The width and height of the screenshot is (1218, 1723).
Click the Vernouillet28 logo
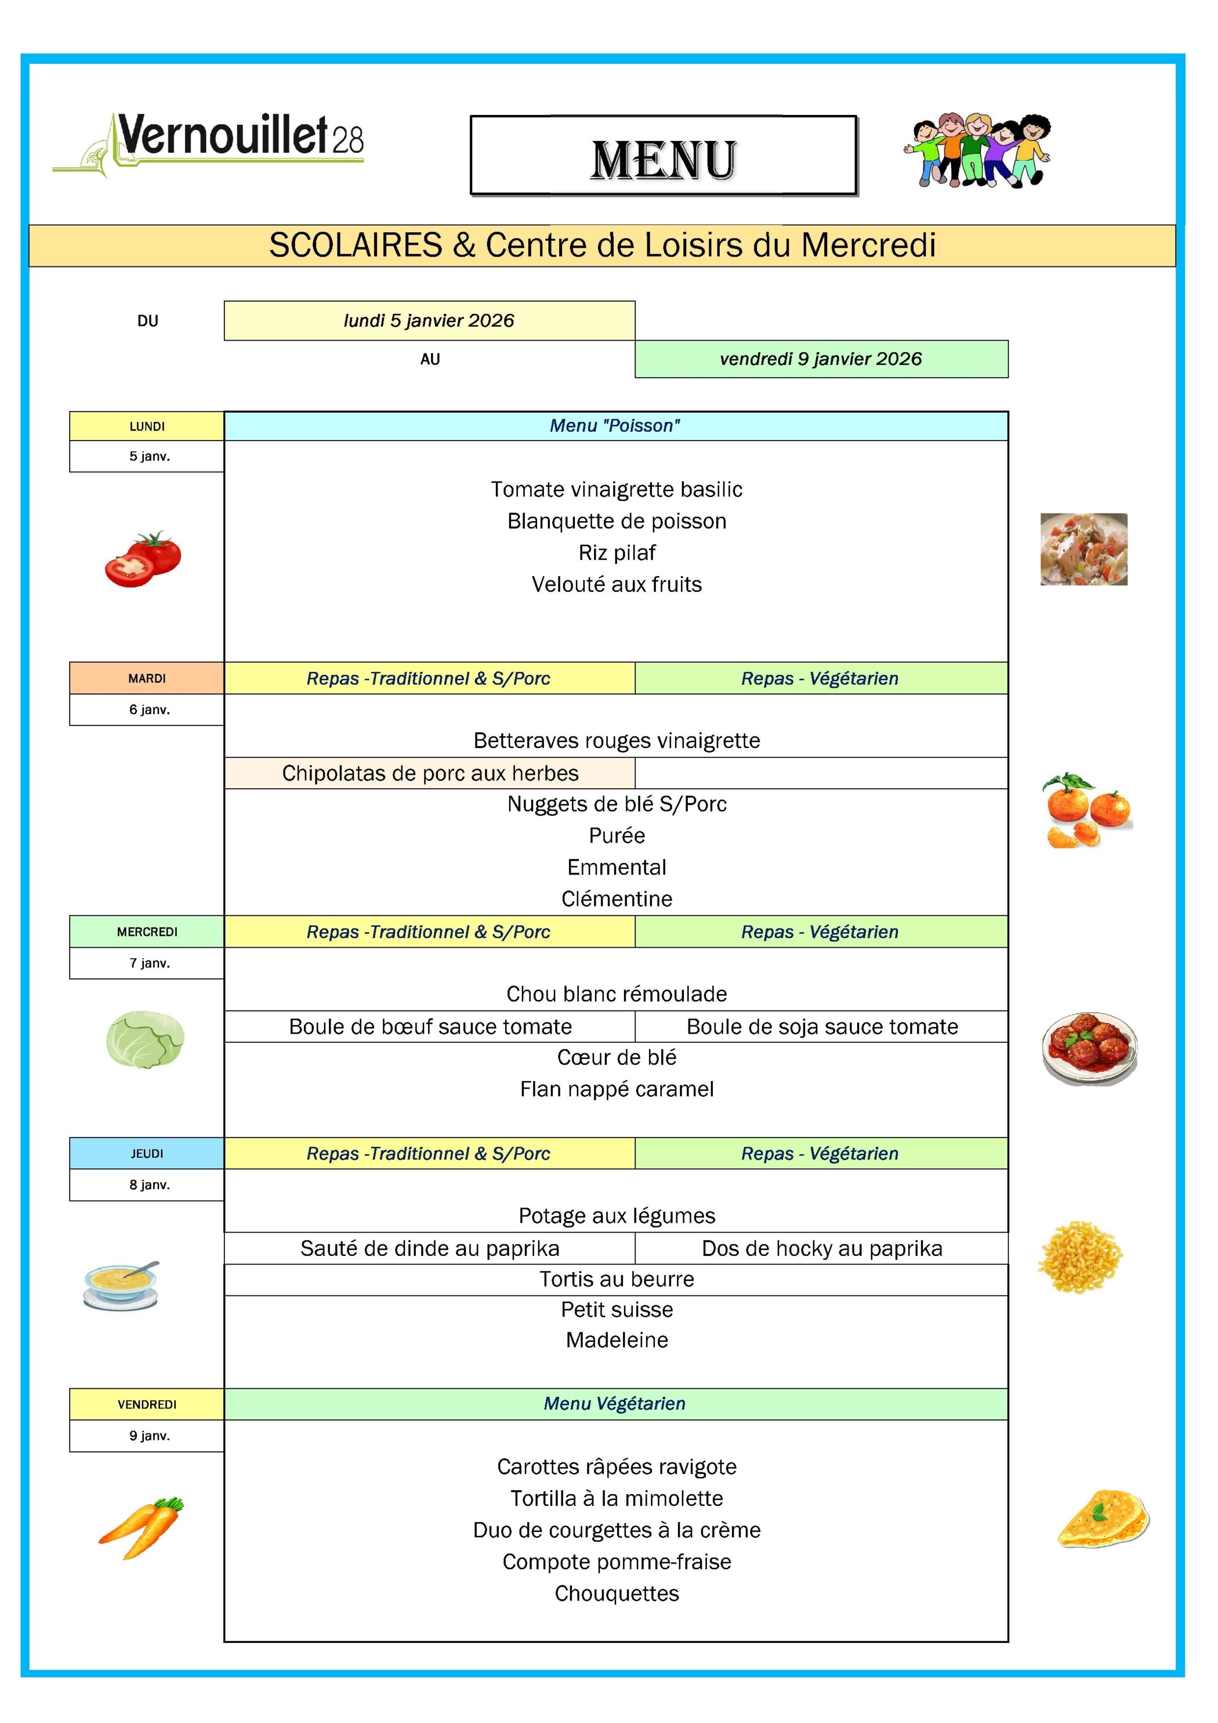click(208, 143)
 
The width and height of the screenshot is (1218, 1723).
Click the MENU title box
click(663, 156)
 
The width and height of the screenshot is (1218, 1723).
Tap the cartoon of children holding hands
click(977, 150)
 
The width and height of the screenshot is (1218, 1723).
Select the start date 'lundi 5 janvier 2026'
click(429, 320)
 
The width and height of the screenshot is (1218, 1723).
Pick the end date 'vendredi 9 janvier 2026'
click(821, 359)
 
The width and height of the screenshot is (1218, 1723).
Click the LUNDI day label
click(147, 426)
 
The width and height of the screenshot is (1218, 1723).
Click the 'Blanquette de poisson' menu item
click(617, 521)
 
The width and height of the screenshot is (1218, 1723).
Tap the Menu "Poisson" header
click(615, 425)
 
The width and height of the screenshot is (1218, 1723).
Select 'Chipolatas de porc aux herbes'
click(430, 773)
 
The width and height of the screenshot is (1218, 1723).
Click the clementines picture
click(1087, 811)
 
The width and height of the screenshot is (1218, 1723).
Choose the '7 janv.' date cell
click(149, 963)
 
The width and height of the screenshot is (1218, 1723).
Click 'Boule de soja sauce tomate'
click(822, 1026)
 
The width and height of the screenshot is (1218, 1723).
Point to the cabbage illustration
click(146, 1039)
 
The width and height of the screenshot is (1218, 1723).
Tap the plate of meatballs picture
click(1089, 1047)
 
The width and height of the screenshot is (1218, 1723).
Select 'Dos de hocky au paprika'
click(822, 1248)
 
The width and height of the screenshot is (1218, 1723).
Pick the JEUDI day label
click(147, 1154)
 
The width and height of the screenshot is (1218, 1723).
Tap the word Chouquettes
click(617, 1593)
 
